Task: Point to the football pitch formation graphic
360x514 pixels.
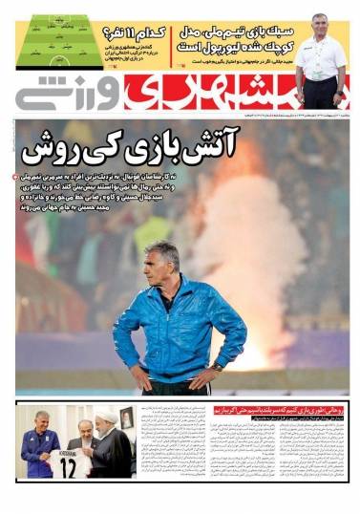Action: [59, 42]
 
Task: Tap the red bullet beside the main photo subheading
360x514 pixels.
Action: [14, 177]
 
